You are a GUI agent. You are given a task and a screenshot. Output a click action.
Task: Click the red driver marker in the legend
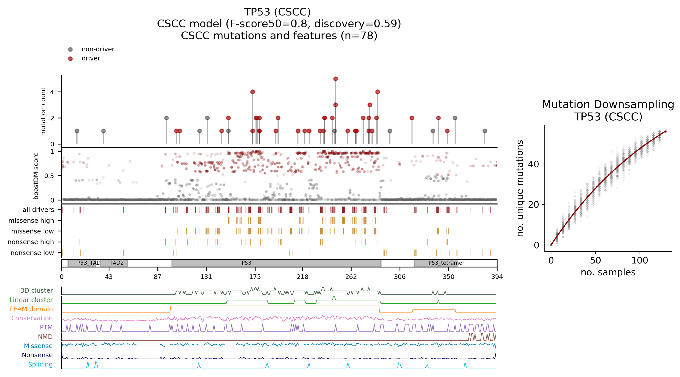coord(70,59)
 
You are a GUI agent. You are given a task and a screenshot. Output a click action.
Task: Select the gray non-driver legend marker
coord(70,49)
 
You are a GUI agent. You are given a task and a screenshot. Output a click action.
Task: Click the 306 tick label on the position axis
coord(400,277)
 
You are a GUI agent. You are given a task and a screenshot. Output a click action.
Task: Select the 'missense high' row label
coord(31,220)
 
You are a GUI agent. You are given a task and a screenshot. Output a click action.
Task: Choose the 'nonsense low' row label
coord(32,253)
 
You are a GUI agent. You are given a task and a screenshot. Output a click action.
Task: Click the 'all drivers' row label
coord(38,210)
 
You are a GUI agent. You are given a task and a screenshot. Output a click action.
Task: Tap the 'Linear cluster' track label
coord(31,300)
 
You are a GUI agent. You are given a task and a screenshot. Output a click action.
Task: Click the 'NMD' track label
coord(45,337)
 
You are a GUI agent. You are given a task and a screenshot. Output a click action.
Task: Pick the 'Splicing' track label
coord(40,364)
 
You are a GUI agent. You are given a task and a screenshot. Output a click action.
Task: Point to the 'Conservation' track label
coord(32,318)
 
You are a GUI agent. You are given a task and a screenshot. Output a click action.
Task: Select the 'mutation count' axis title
coord(43,111)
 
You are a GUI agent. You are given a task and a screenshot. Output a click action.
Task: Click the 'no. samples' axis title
coord(608,272)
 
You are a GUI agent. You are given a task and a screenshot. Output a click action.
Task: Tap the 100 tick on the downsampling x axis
coord(639,261)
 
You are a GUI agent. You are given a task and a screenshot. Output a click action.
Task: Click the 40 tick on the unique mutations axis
coord(533,164)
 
